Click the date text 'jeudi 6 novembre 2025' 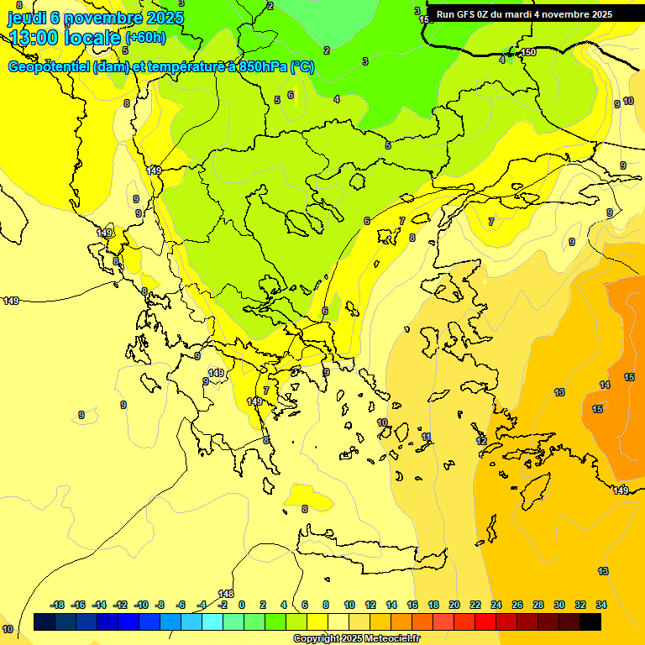tap(95, 18)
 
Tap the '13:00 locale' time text tap(65, 37)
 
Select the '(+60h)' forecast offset tap(145, 38)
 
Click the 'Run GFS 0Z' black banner tap(524, 14)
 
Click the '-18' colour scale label tap(57, 605)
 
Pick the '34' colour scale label tap(601, 605)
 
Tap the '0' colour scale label tap(242, 605)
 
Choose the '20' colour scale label tap(454, 605)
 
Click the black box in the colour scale tap(590, 621)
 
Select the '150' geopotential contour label tap(528, 53)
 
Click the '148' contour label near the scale tap(226, 594)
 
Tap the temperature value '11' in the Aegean tap(427, 438)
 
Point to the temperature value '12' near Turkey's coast tap(481, 441)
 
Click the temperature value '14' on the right tap(605, 385)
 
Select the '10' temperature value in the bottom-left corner tap(8, 629)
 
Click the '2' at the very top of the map tap(270, 6)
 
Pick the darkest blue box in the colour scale tap(45, 621)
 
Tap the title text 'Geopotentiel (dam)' tap(69, 67)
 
